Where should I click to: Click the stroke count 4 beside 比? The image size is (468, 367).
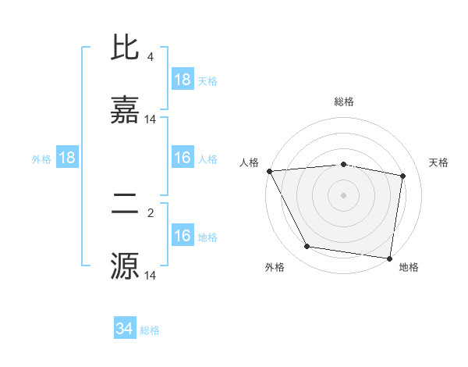[150, 57]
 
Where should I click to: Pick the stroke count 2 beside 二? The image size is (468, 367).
[150, 212]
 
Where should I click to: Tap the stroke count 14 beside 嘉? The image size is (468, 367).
[150, 119]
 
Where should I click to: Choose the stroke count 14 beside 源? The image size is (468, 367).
[150, 275]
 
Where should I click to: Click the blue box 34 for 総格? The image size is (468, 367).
[125, 329]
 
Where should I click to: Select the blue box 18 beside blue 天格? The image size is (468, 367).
[183, 80]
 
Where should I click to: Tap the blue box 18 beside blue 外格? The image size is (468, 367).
[67, 158]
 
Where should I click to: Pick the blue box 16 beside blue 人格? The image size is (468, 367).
[183, 158]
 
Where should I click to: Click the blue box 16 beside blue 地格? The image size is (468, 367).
[183, 236]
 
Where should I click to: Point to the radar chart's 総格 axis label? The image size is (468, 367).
[344, 102]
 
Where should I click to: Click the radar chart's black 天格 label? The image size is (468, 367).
[439, 162]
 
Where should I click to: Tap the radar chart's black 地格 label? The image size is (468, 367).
[409, 267]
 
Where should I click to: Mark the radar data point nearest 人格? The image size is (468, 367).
[269, 171]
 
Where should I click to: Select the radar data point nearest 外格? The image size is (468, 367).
[307, 247]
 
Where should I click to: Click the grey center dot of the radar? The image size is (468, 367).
[344, 195]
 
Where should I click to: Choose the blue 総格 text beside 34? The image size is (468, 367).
[150, 330]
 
